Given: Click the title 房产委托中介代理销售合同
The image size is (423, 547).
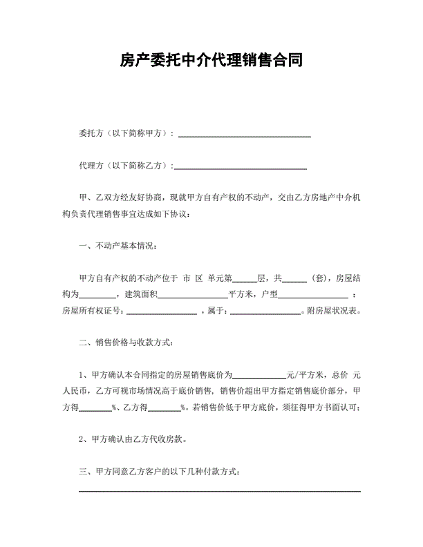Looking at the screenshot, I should [x=211, y=61].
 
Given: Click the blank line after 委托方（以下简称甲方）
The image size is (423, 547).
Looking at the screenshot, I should [x=245, y=136].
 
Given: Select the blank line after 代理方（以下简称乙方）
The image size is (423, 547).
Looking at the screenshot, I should [x=241, y=168].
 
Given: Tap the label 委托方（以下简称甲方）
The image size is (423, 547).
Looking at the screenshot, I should [x=127, y=133].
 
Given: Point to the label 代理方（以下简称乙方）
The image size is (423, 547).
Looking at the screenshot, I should [x=127, y=166].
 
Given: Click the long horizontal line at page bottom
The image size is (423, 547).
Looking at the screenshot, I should [x=220, y=491].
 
